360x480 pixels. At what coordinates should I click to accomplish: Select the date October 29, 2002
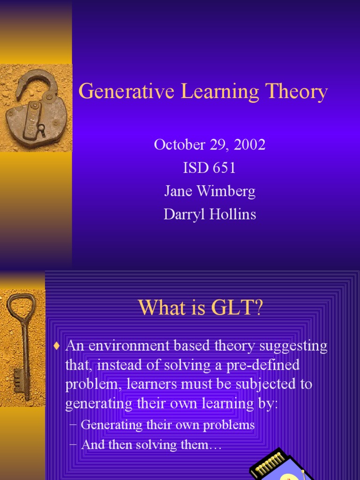pos(210,144)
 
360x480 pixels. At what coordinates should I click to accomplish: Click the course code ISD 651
pos(210,168)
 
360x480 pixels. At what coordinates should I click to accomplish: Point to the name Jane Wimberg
pos(210,191)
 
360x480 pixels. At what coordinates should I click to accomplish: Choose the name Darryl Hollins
pos(210,215)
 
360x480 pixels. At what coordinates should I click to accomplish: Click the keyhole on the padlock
pos(41,128)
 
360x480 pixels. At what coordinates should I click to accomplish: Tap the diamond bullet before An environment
pos(57,347)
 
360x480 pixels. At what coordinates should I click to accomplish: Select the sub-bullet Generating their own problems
pos(167,425)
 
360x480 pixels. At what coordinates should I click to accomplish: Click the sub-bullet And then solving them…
pos(151,445)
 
